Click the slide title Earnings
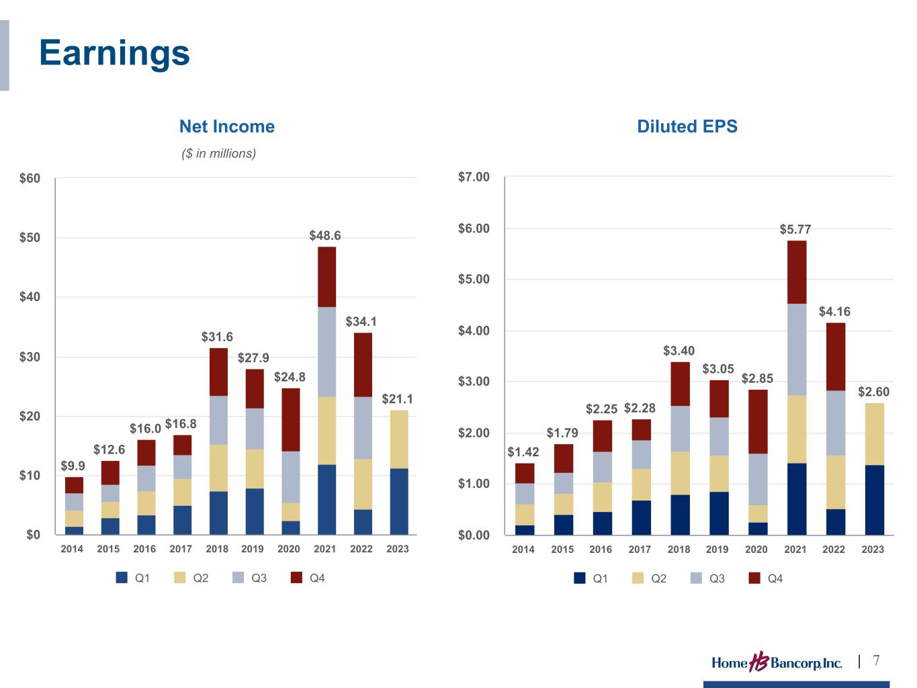(x=114, y=52)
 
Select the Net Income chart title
(x=226, y=126)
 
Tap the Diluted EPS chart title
(x=687, y=126)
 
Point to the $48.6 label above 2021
(x=324, y=236)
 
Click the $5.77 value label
(x=795, y=229)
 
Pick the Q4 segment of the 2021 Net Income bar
(x=326, y=277)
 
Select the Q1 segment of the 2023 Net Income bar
(x=399, y=501)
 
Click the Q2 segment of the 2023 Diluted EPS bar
(x=874, y=434)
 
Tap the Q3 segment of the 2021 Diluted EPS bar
(x=796, y=349)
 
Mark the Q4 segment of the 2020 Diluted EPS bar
(x=758, y=422)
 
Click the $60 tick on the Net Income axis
(x=30, y=179)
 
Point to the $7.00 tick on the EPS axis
(x=474, y=177)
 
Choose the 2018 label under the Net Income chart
(x=217, y=549)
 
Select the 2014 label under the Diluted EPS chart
(x=523, y=550)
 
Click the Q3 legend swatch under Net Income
(x=238, y=578)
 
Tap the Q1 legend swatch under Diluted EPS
(x=580, y=578)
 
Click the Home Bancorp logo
(x=776, y=663)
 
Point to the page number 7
(x=876, y=661)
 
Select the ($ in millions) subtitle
(x=218, y=154)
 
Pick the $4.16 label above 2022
(x=834, y=312)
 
